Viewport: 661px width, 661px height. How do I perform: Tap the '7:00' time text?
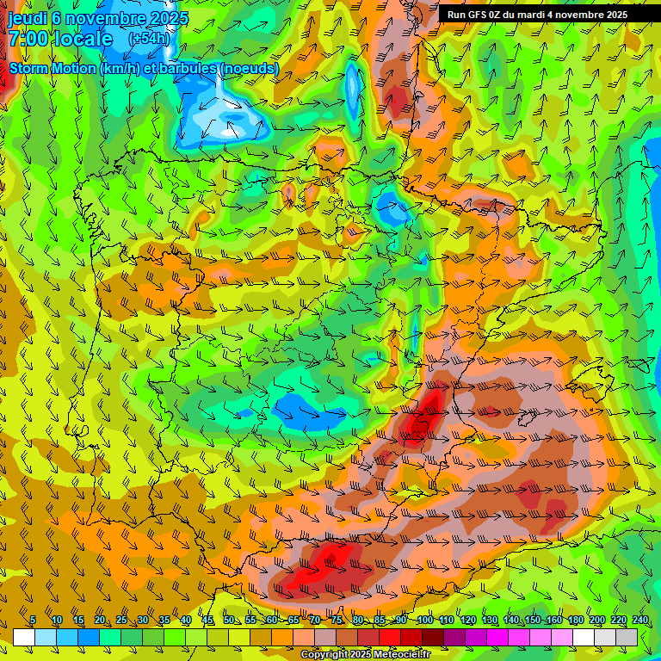[28, 40]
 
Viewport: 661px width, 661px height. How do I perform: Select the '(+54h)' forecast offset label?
[148, 40]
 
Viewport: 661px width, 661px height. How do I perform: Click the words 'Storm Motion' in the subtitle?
[53, 69]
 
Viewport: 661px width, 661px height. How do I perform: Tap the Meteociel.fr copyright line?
[366, 655]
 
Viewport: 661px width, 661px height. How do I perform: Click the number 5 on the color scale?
[33, 621]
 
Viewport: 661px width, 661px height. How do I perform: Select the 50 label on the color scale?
[229, 621]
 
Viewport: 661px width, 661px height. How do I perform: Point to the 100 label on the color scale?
[424, 621]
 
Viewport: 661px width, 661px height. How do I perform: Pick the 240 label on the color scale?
[639, 621]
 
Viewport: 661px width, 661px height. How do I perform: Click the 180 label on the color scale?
[575, 621]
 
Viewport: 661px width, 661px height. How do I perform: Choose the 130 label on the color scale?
[489, 621]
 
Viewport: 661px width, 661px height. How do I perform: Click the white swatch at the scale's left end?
[24, 637]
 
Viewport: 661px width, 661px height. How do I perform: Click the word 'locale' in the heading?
[83, 40]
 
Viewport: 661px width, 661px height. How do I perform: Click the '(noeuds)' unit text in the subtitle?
[250, 69]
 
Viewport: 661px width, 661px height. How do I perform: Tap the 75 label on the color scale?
[337, 621]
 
